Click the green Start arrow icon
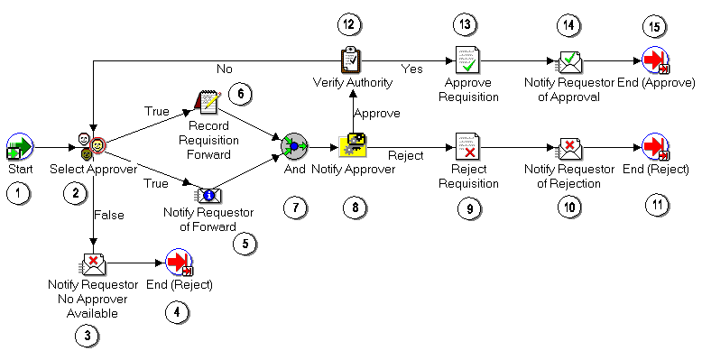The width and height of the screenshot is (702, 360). pyautogui.click(x=19, y=146)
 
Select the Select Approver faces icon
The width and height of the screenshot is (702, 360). pyautogui.click(x=91, y=146)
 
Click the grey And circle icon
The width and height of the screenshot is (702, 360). pyautogui.click(x=294, y=146)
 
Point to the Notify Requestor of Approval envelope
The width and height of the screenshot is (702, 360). pyautogui.click(x=568, y=61)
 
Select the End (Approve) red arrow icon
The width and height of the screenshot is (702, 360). pyautogui.click(x=655, y=61)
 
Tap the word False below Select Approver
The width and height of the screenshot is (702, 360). pyautogui.click(x=108, y=215)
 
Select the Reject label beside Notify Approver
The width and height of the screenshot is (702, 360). pyautogui.click(x=405, y=155)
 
